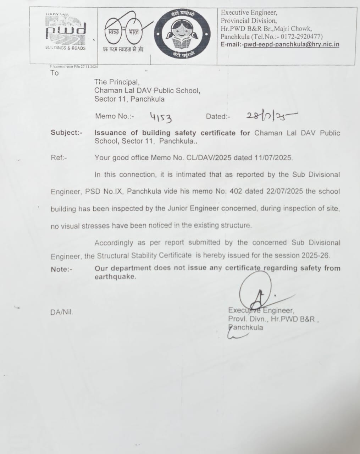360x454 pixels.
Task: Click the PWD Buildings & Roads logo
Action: point(66,32)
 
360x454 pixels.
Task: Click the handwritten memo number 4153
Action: point(161,117)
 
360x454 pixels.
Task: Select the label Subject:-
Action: point(67,133)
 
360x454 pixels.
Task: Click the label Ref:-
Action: point(59,158)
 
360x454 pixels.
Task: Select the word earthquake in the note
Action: point(115,277)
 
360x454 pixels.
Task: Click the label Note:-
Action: point(61,269)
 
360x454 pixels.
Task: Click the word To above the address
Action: point(54,73)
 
